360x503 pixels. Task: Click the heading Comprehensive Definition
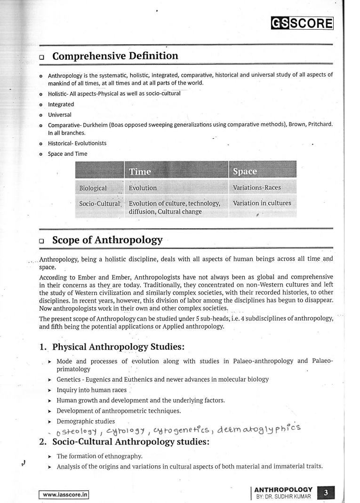(115, 56)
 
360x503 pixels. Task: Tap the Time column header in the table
(140, 171)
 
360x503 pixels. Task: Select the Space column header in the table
(245, 171)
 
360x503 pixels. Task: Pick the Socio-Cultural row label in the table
(99, 203)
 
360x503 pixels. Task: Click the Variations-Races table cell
(256, 188)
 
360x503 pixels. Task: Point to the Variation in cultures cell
(262, 203)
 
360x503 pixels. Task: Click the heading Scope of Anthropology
(107, 240)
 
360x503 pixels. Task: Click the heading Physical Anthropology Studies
(118, 347)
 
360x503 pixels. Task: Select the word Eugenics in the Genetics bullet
(96, 379)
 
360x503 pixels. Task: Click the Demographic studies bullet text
(86, 421)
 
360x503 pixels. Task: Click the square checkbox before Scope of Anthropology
(42, 241)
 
